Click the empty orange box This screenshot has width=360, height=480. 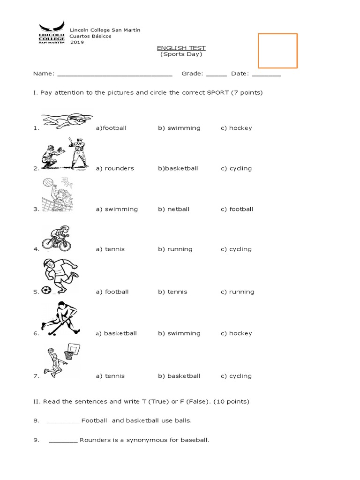(277, 51)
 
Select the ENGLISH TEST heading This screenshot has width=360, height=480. (180, 48)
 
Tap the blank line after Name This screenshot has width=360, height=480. (114, 74)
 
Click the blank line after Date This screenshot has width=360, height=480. (266, 74)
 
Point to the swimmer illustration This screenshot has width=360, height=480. (67, 121)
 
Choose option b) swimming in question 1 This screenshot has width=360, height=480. (179, 128)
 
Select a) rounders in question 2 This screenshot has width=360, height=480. (115, 168)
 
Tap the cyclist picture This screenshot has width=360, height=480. (57, 238)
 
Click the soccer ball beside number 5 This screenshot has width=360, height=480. (46, 291)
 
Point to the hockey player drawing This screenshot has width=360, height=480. (61, 318)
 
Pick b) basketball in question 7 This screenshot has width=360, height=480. (179, 376)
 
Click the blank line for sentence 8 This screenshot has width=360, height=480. (63, 421)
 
